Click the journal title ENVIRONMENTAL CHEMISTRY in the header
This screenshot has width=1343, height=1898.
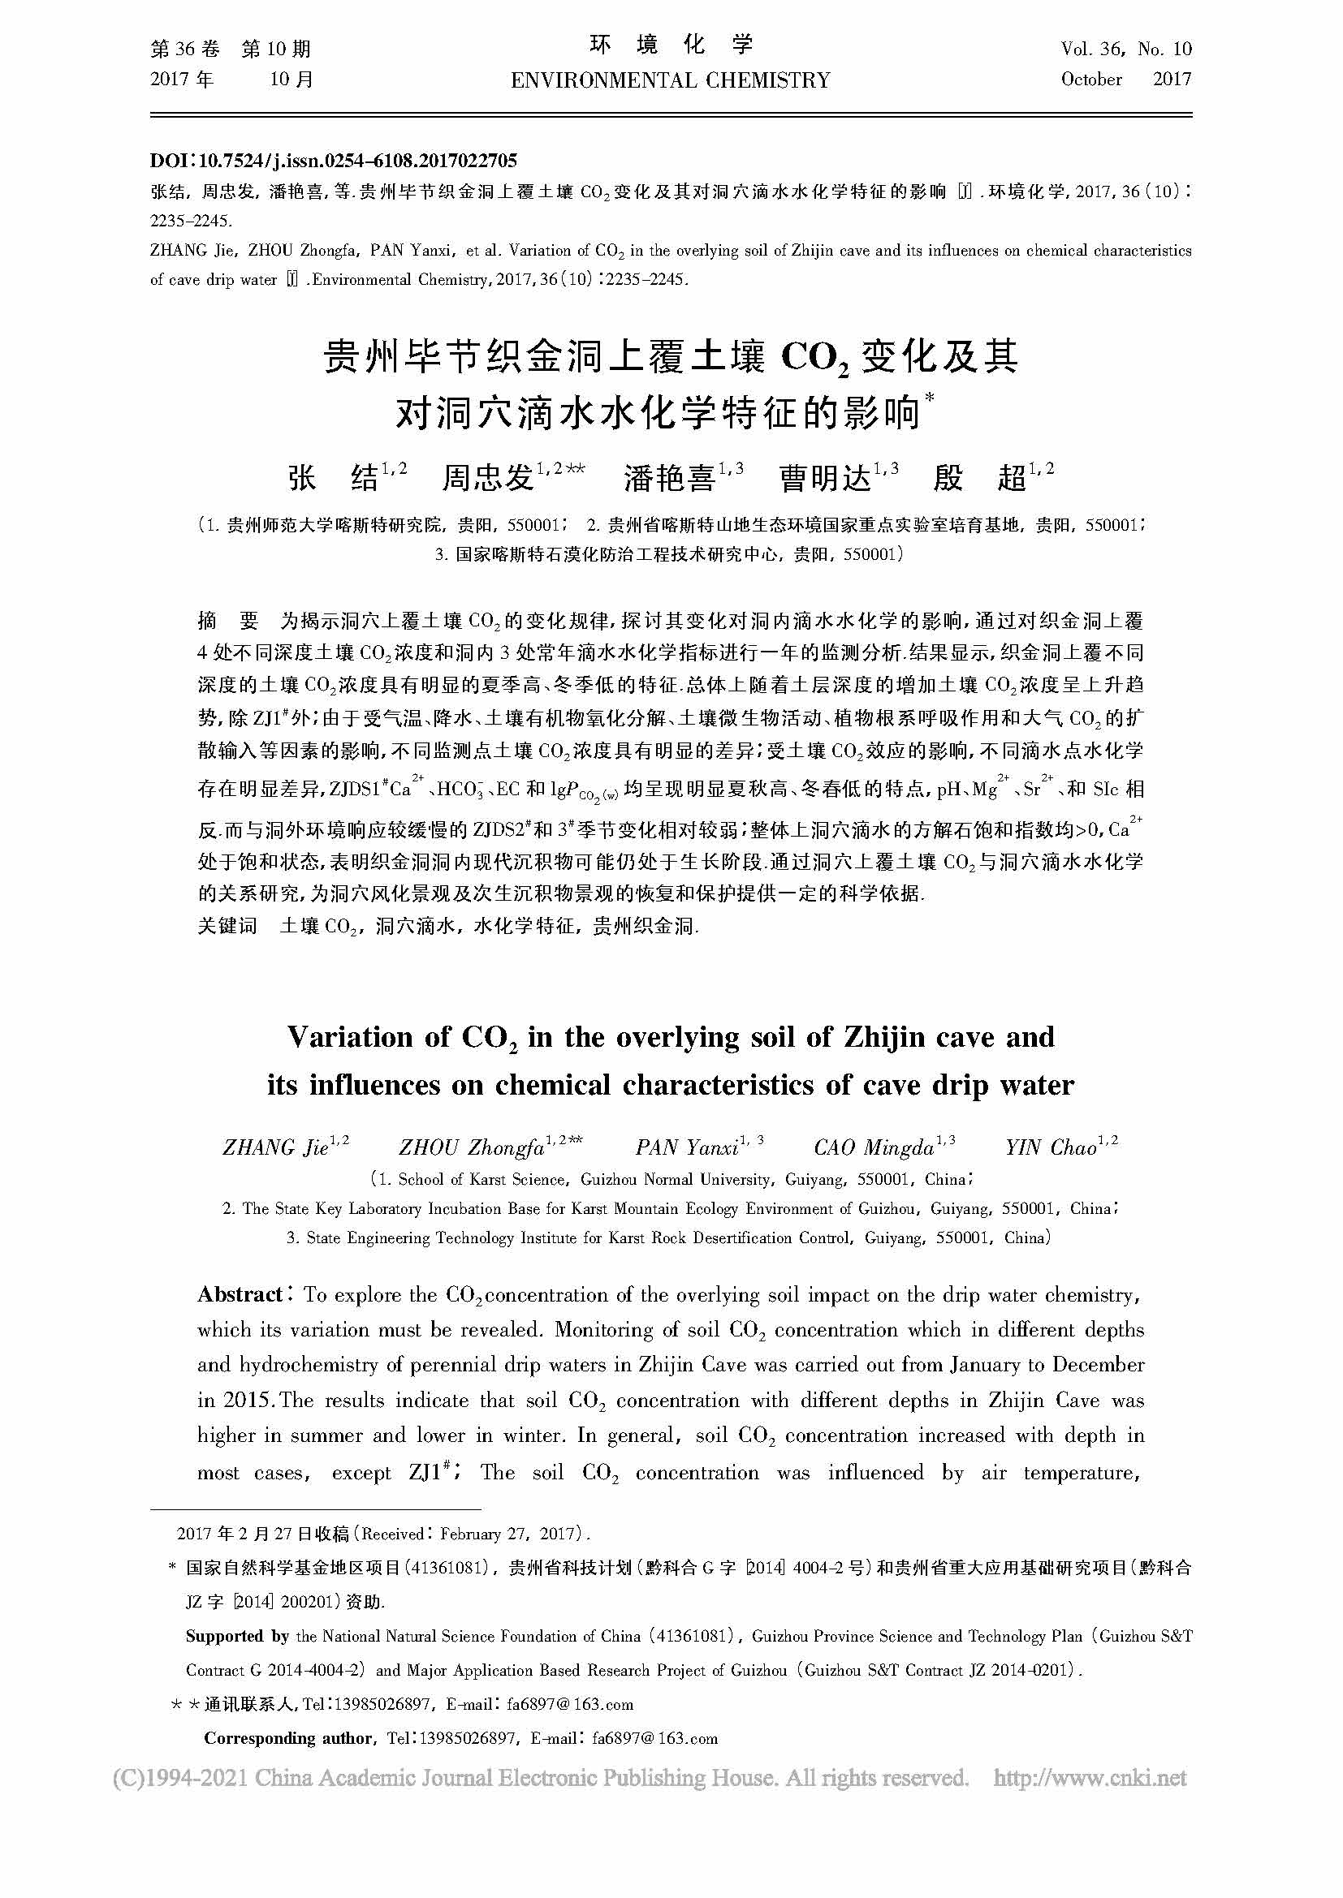pyautogui.click(x=671, y=80)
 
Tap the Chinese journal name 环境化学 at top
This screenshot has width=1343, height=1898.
pyautogui.click(x=671, y=46)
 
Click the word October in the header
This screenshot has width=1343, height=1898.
pyautogui.click(x=1091, y=80)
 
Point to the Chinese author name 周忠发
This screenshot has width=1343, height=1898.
pyautogui.click(x=488, y=478)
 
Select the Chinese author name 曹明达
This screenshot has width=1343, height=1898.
pyautogui.click(x=825, y=478)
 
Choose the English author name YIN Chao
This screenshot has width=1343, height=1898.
pyautogui.click(x=1050, y=1147)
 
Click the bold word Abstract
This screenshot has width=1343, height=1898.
pyautogui.click(x=240, y=1294)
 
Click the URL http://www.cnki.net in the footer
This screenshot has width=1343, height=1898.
pyautogui.click(x=1090, y=1778)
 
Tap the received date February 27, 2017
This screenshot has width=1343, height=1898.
pyautogui.click(x=507, y=1534)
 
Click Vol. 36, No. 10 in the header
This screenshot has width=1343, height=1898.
pyautogui.click(x=1126, y=49)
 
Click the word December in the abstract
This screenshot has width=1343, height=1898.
pyautogui.click(x=1099, y=1365)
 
